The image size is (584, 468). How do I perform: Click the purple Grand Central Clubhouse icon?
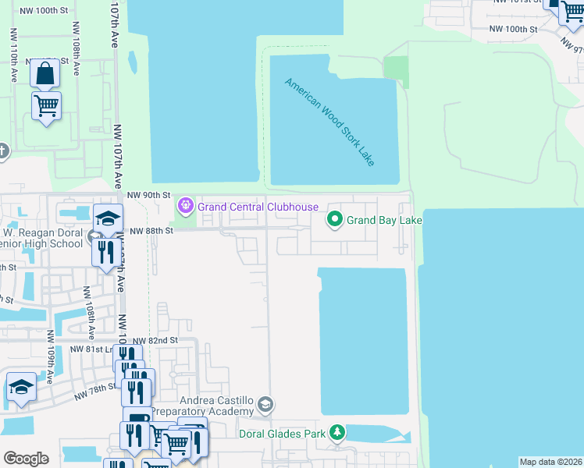coord(185,207)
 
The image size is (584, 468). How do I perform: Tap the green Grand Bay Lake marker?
coord(335,221)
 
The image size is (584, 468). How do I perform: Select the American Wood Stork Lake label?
coord(330,122)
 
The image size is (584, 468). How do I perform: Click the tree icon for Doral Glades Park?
coord(337,432)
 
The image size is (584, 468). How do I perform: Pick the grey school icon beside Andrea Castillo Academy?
coord(266,404)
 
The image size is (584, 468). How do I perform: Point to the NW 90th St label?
coord(148,195)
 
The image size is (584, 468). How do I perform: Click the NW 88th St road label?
coord(151,231)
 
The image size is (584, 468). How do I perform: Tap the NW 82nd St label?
coord(155,341)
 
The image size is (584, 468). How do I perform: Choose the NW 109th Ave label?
coord(49,356)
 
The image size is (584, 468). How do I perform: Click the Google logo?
coord(26,458)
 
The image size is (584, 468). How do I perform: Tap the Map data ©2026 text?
coord(550,462)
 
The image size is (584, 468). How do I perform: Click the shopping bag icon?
coord(45,73)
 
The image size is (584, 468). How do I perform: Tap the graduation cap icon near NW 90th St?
coord(109,218)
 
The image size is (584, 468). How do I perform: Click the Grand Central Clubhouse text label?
coord(258,207)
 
